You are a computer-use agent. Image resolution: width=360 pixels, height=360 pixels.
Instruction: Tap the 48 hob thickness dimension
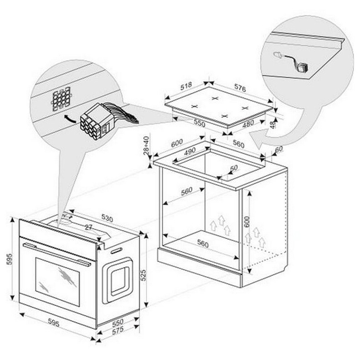coord(273,123)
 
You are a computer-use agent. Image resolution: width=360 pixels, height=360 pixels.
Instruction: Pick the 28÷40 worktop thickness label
coord(146,145)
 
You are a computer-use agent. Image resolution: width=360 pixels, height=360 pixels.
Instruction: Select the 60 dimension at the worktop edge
coord(279,149)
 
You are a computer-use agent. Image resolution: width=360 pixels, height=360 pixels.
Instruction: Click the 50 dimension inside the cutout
coord(233,168)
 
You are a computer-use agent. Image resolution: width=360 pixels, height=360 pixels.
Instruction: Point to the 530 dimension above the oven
coord(107,218)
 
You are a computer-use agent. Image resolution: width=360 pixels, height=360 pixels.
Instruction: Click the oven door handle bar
coord(57,253)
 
